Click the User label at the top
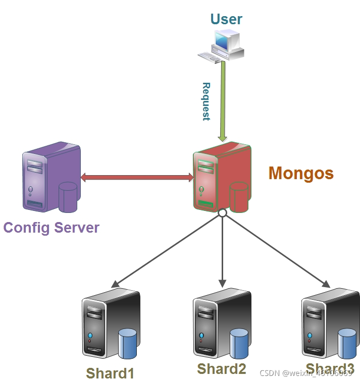pyautogui.click(x=226, y=19)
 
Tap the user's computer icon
pyautogui.click(x=223, y=45)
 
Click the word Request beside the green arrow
pyautogui.click(x=206, y=101)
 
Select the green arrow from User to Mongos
pyautogui.click(x=222, y=101)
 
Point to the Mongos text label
pyautogui.click(x=301, y=173)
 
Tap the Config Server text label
pyautogui.click(x=52, y=228)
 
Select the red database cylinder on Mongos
pyautogui.click(x=239, y=197)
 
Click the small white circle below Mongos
pyautogui.click(x=222, y=213)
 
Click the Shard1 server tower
pyautogui.click(x=104, y=323)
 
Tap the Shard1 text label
pyautogui.click(x=110, y=373)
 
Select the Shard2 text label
pyautogui.click(x=221, y=369)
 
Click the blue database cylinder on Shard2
pyautogui.click(x=239, y=343)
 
